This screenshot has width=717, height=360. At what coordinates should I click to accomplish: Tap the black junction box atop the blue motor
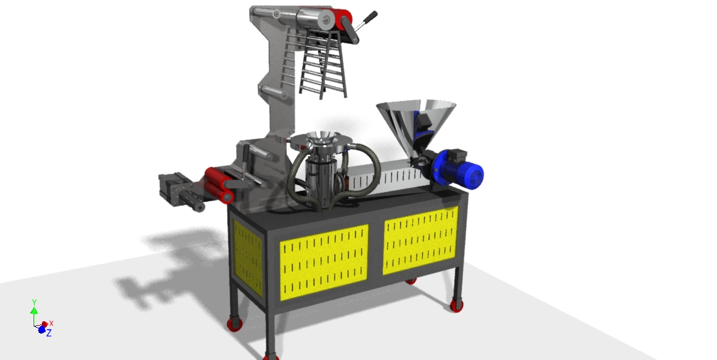point(455,155)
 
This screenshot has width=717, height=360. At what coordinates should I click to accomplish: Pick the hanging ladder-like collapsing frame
point(323,64)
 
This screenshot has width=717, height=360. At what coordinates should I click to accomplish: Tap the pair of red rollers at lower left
point(219,185)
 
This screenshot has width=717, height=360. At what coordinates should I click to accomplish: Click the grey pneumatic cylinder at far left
point(181,192)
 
